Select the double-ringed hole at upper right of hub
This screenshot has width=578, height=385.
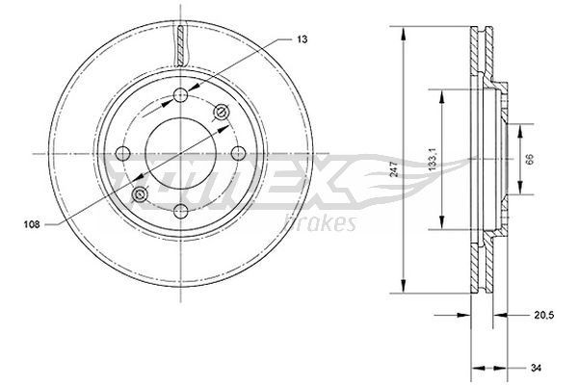click(223, 114)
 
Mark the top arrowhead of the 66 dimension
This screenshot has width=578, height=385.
click(521, 125)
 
